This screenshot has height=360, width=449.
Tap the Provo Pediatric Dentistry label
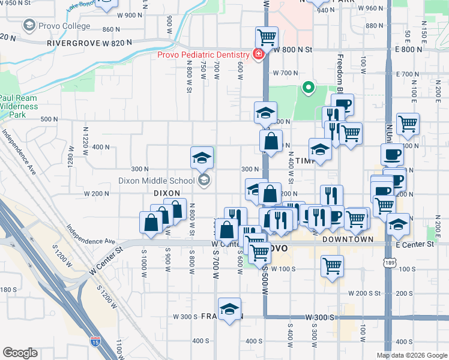[x=204, y=55]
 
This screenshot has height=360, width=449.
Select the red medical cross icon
[x=259, y=55]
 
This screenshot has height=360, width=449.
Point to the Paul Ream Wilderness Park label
[x=18, y=106]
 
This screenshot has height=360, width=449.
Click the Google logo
[x=20, y=352]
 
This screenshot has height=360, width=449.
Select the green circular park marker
[x=309, y=89]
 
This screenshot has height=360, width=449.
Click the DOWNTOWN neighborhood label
[x=348, y=239]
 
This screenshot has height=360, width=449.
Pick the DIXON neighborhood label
[x=167, y=193]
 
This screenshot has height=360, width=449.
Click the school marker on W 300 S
[x=229, y=310]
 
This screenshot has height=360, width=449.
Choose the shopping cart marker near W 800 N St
[x=266, y=38]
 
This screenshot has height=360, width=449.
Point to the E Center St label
[x=414, y=245]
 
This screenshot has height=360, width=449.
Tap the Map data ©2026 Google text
[x=412, y=355]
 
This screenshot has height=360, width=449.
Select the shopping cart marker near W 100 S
[x=333, y=266]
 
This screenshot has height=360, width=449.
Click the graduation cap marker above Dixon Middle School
[x=202, y=158]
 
